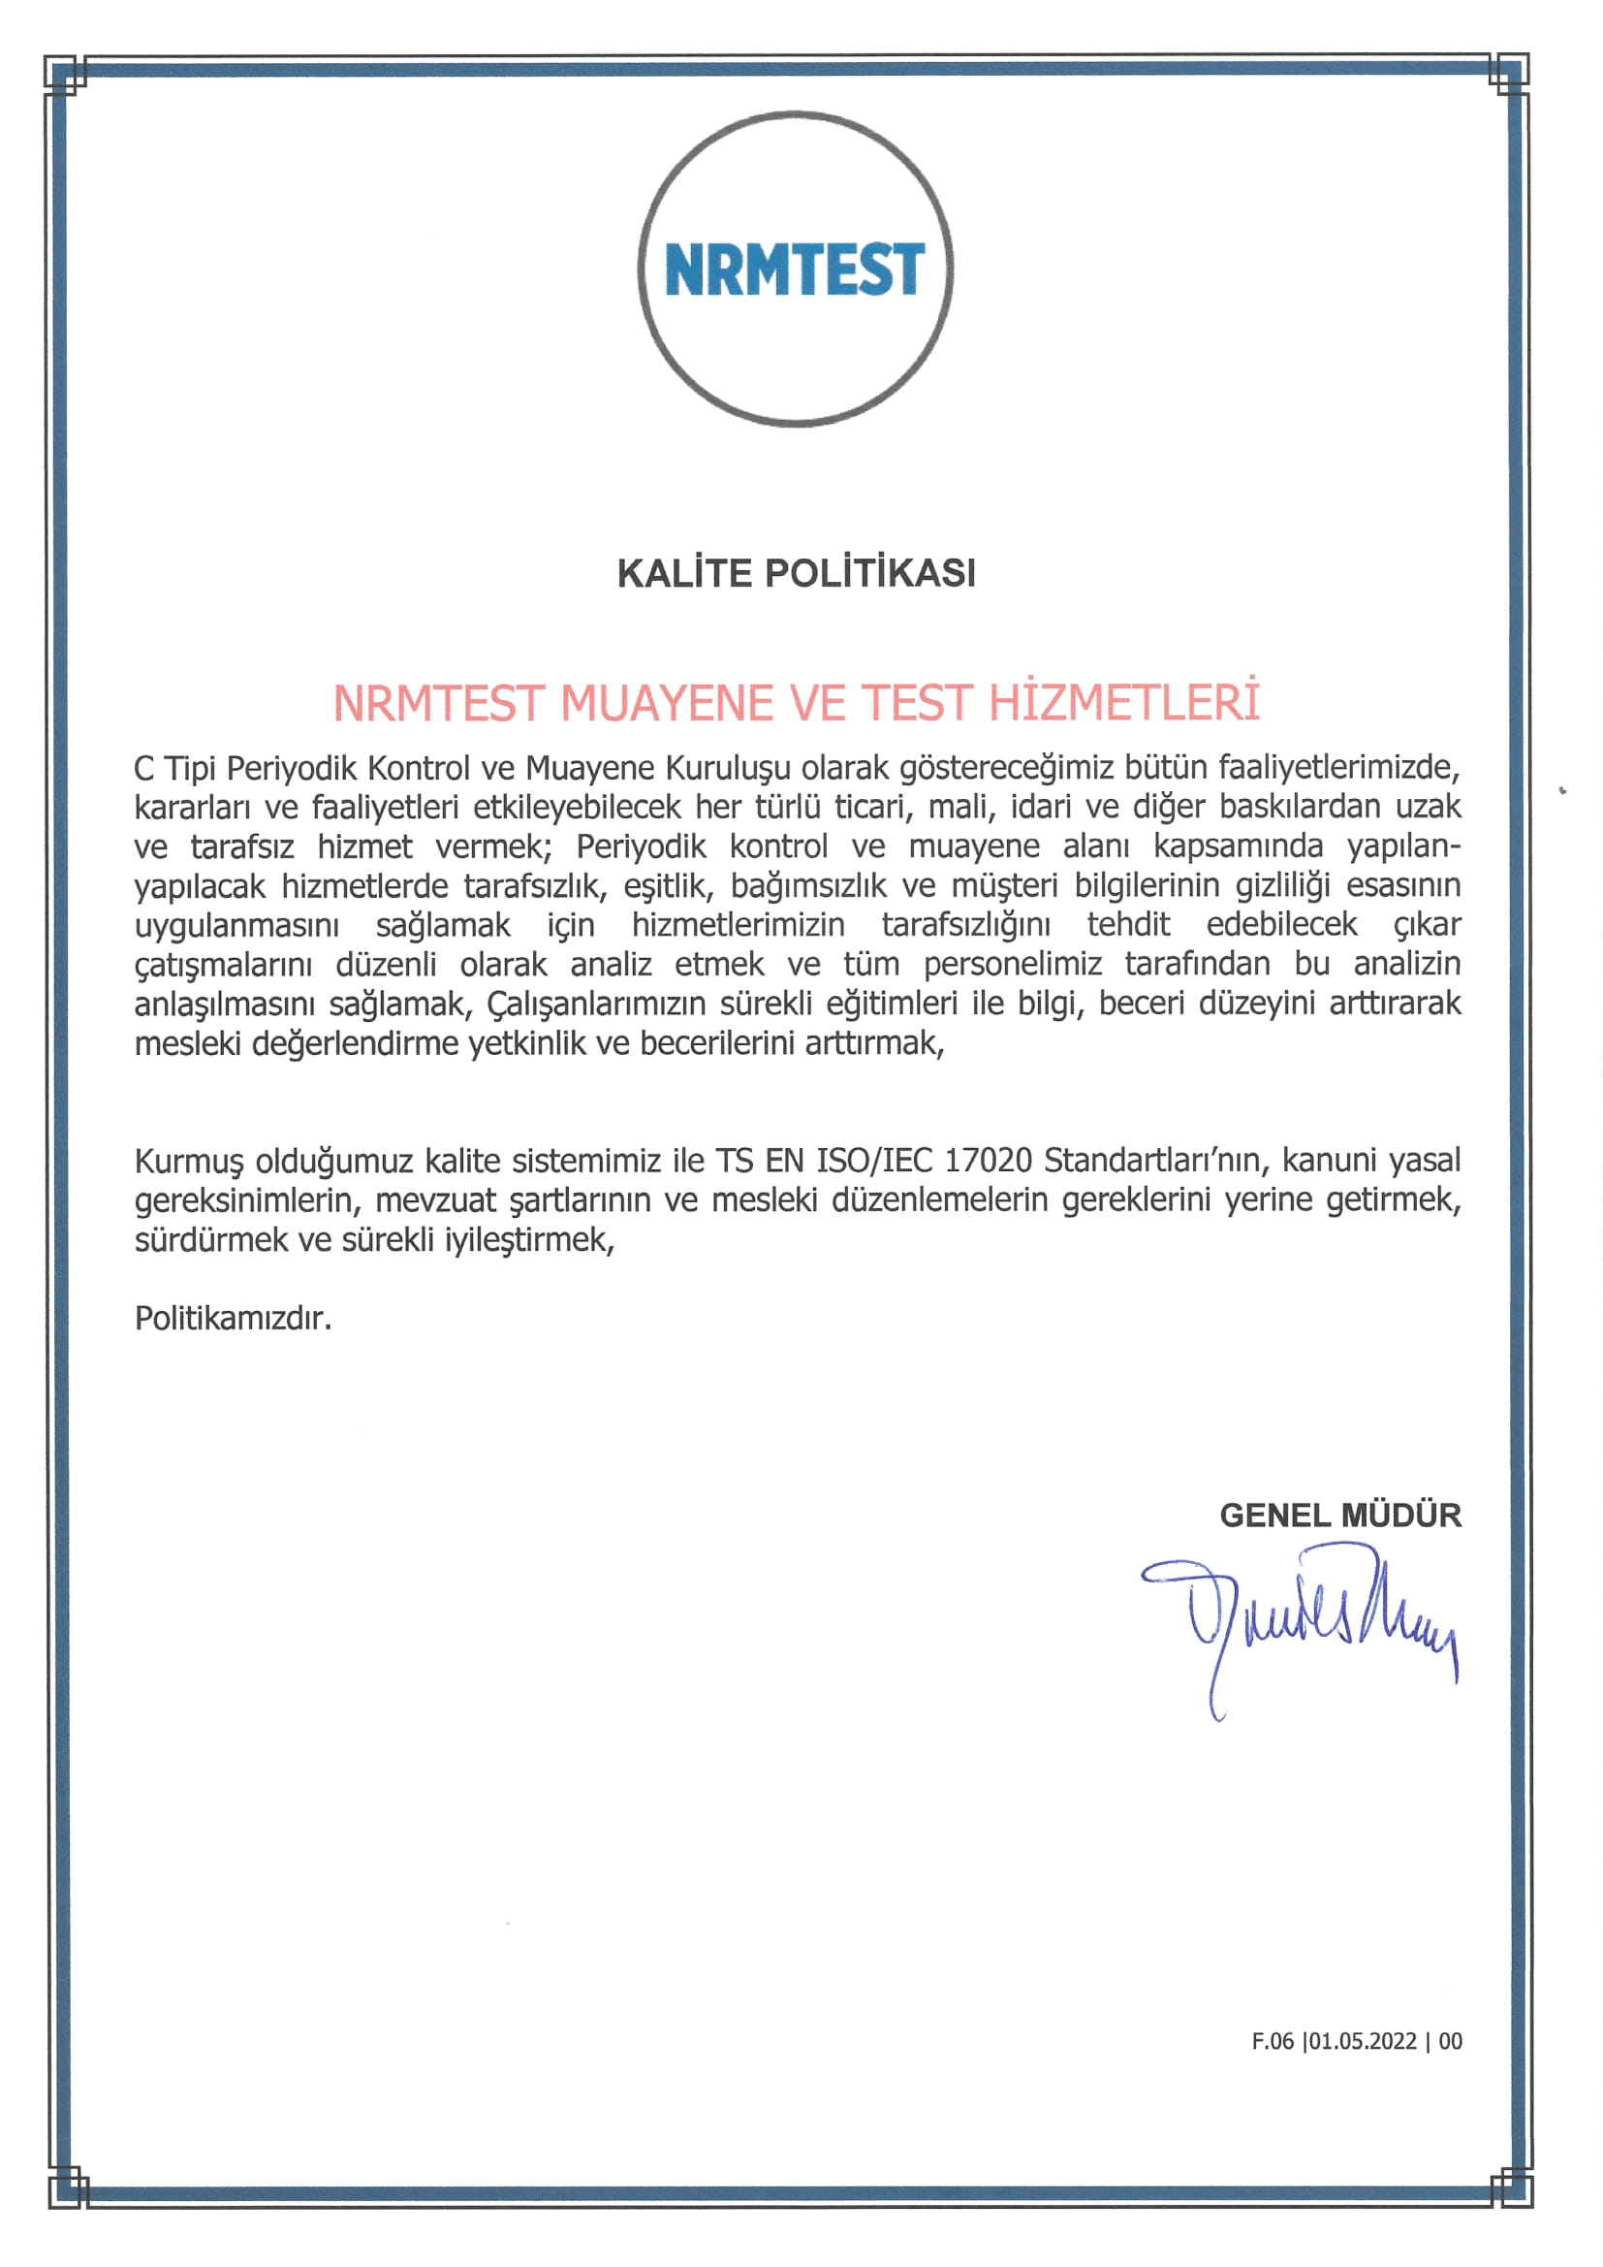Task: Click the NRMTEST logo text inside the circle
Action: tap(795, 269)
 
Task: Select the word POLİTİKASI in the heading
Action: tap(869, 574)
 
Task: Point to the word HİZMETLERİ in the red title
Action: tap(1124, 703)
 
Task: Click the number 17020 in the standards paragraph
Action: tap(988, 1160)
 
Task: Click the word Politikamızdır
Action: tap(233, 1318)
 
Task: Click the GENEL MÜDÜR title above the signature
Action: tap(1339, 1516)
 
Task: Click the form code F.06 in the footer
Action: tap(1273, 2041)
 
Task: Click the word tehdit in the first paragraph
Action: tap(1128, 925)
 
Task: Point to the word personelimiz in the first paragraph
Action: tap(1012, 965)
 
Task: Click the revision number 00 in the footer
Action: tap(1450, 2041)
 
